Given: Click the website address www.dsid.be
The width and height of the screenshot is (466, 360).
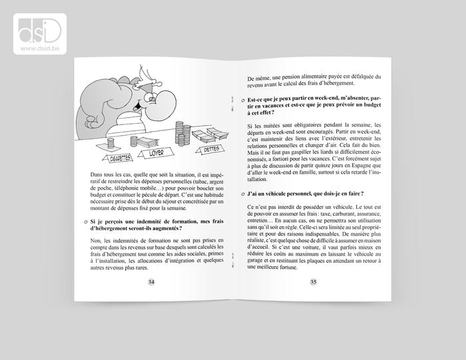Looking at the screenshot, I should tap(38, 48).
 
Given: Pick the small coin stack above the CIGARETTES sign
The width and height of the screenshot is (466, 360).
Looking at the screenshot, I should tap(123, 142).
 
